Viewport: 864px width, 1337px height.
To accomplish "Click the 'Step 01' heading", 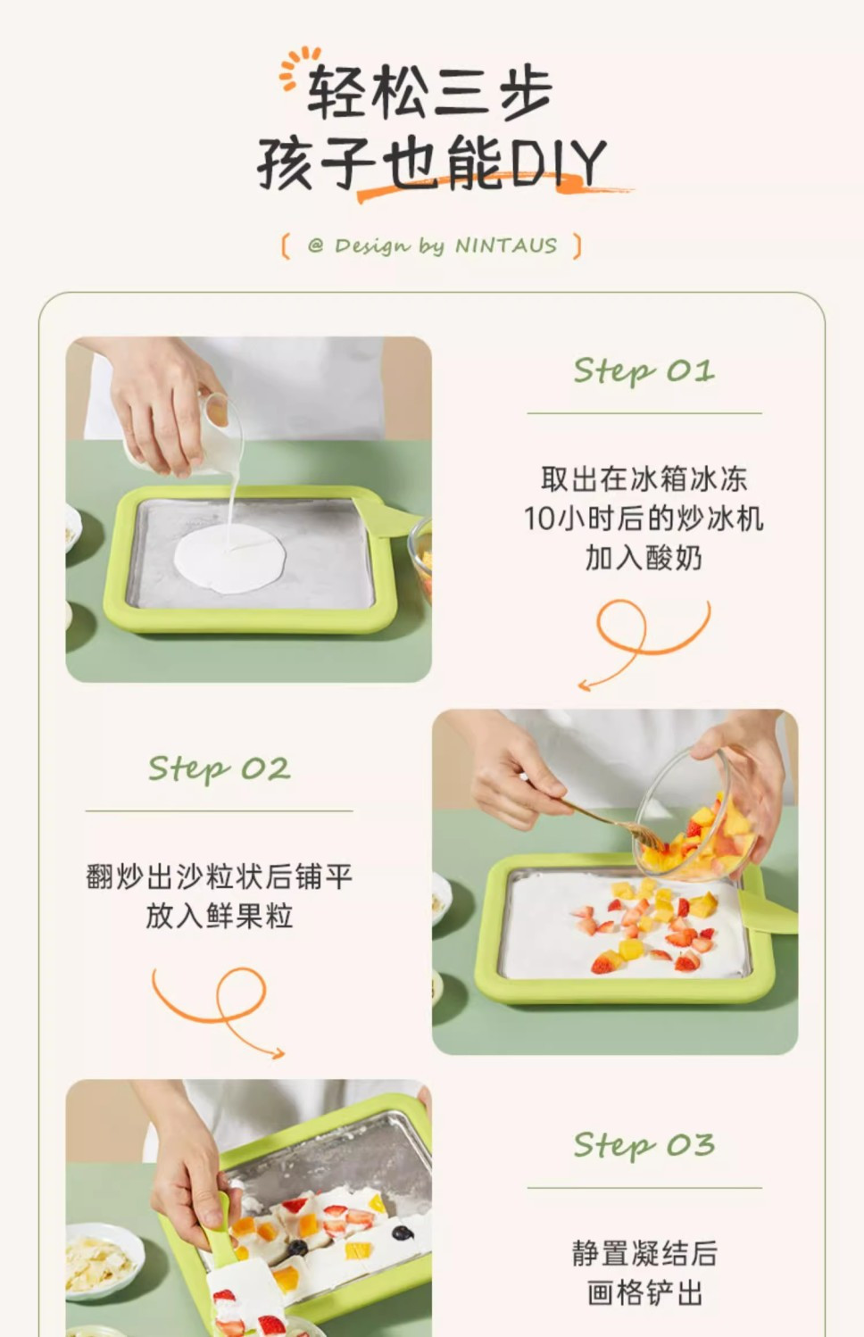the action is coord(644,371).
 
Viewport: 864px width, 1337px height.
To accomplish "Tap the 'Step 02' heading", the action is coord(220,768).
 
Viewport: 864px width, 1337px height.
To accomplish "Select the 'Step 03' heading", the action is coord(644,1146).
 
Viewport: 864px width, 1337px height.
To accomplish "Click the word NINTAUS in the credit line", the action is coord(506,246).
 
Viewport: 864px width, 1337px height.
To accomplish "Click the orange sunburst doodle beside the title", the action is coord(296,67).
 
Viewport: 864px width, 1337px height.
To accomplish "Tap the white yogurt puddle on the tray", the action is coord(230,559).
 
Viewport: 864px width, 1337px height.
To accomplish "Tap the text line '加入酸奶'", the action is coord(644,559).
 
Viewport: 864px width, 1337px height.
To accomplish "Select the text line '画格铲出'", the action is coord(644,1293).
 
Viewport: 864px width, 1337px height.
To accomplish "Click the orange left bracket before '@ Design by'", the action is coord(286,246).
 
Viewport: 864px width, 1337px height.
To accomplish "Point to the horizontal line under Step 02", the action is coord(220,811).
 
